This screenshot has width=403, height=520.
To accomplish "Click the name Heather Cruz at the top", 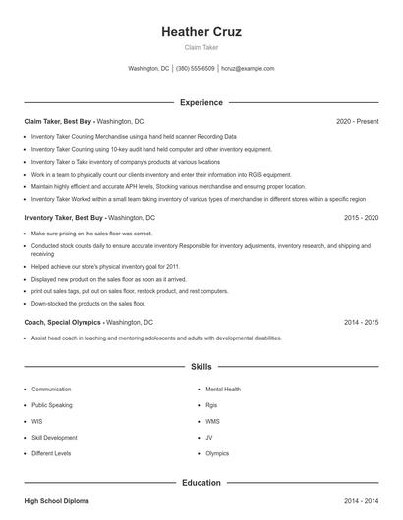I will tap(201, 32).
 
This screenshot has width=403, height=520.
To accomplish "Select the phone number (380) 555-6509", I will tap(196, 69).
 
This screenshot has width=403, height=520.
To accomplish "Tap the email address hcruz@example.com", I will tap(248, 69).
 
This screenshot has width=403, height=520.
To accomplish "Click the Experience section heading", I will tap(201, 102).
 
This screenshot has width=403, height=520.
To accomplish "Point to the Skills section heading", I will tap(201, 367).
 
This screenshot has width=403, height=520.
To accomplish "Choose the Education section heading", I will tap(201, 482).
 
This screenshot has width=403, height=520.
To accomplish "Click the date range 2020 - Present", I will tap(357, 121).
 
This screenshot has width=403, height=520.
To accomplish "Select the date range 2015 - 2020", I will tap(361, 216).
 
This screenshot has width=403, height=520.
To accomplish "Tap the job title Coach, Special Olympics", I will tap(61, 321).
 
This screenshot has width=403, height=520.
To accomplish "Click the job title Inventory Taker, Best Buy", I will tap(63, 216).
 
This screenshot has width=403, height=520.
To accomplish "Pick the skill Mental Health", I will tap(223, 390).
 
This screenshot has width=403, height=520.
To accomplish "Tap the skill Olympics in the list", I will tap(217, 454).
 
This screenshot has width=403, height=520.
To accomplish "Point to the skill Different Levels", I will tap(51, 454).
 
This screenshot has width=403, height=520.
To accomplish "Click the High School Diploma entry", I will tap(56, 501).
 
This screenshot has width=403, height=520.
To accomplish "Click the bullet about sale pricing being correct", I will tap(92, 234).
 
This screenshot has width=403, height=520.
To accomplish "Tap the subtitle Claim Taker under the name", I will tap(201, 47).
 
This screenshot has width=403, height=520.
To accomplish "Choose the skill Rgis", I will tap(210, 405).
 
